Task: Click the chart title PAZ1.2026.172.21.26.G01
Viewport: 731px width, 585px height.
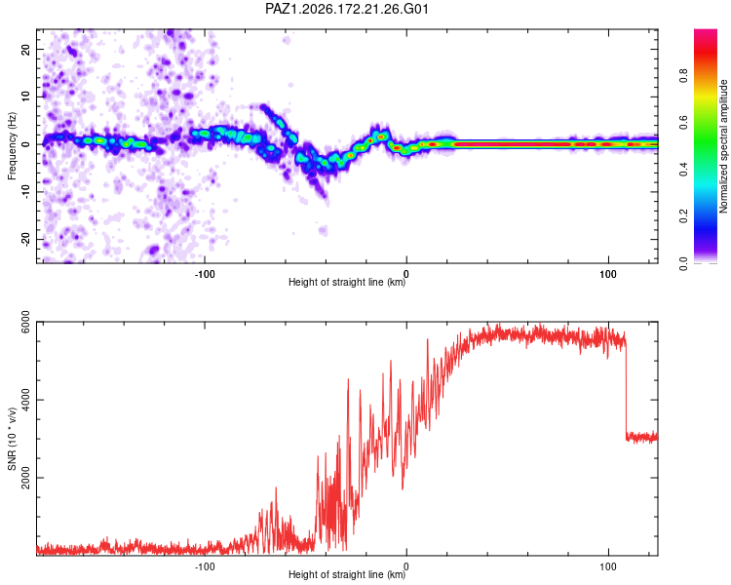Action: [x=346, y=9]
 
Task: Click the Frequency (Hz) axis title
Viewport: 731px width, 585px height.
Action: [x=12, y=146]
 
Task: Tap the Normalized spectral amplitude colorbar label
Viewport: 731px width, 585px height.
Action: [x=723, y=146]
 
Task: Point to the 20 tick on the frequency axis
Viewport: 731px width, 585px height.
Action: [x=25, y=49]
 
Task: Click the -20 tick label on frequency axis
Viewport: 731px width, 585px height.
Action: [x=25, y=240]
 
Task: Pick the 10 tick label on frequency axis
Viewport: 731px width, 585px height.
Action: [x=25, y=97]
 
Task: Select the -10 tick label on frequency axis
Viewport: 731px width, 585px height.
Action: [x=25, y=192]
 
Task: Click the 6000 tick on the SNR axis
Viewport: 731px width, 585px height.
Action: [x=25, y=322]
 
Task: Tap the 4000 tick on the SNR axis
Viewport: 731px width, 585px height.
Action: [x=25, y=400]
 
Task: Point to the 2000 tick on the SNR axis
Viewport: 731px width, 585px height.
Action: [x=25, y=478]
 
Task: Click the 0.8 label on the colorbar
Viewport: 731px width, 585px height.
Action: [x=683, y=75]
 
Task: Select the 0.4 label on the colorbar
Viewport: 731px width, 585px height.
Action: [x=683, y=170]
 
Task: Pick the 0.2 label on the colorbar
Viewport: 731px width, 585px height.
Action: [x=683, y=216]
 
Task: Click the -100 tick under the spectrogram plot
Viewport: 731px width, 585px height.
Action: [x=205, y=274]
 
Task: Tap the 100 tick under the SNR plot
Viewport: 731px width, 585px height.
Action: [x=608, y=566]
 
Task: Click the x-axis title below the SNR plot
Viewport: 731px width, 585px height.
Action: [x=347, y=574]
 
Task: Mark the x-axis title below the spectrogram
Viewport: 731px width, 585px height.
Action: [x=347, y=282]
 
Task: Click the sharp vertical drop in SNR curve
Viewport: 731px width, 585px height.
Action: [x=626, y=390]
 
